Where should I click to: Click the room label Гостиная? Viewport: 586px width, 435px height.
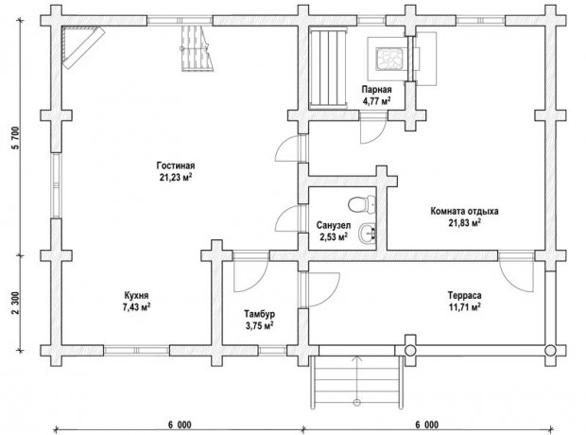176,165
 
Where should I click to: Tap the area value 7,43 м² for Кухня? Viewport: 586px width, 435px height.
136,307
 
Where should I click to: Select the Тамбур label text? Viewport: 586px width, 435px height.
259,313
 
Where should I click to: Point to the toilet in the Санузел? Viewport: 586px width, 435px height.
362,204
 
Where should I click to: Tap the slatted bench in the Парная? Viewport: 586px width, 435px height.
329,69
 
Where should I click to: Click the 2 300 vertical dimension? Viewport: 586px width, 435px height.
16,303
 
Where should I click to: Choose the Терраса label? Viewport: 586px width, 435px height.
464,295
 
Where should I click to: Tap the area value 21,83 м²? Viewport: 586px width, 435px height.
464,223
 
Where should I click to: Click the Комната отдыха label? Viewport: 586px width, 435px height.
464,211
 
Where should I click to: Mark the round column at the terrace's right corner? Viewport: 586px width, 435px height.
550,351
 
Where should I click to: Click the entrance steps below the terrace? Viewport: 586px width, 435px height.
357,381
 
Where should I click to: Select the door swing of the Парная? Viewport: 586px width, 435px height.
373,130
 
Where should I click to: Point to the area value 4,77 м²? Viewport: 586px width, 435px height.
376,101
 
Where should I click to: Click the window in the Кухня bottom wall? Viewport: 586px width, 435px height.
136,351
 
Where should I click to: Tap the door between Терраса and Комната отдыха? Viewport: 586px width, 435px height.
516,272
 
